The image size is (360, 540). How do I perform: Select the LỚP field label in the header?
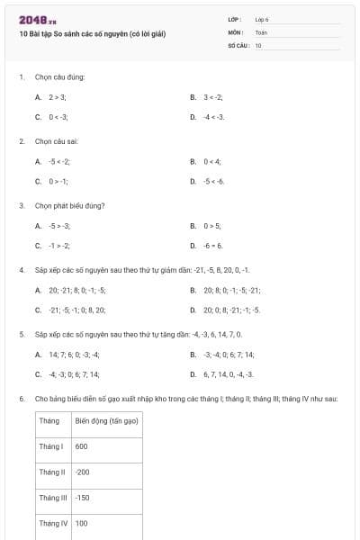(x=235, y=19)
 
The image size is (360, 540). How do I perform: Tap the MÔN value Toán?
(x=261, y=31)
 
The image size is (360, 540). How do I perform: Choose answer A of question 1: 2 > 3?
(x=58, y=96)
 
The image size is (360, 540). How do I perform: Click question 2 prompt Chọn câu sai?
(x=58, y=141)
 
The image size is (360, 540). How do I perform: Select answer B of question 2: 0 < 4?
(x=211, y=161)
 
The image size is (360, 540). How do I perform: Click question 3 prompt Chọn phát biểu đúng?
(x=70, y=205)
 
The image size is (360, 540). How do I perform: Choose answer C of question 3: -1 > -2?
(x=59, y=245)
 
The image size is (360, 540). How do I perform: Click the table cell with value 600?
(x=82, y=446)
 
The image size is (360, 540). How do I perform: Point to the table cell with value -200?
(x=83, y=472)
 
